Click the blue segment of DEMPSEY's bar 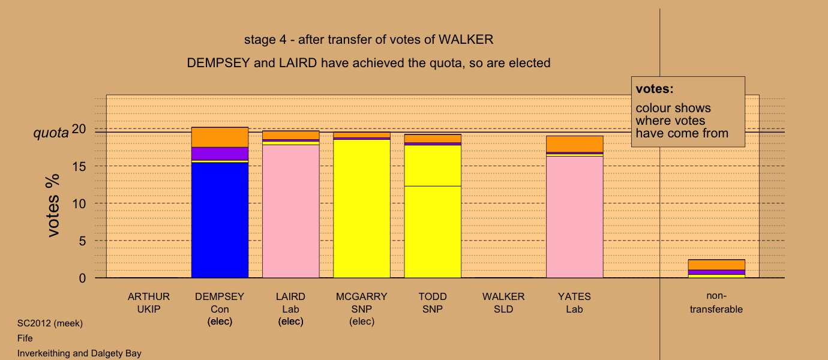[x=220, y=220]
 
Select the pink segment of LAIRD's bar [x=291, y=211]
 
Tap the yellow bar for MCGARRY [x=362, y=208]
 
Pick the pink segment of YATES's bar [x=575, y=217]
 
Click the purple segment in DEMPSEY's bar [x=220, y=154]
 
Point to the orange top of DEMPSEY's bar [x=220, y=137]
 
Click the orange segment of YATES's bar [x=575, y=144]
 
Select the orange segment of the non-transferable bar [x=716, y=265]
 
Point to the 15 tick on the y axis [x=79, y=166]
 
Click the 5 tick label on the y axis [x=82, y=241]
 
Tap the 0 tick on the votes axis [x=82, y=278]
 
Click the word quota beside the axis [x=51, y=133]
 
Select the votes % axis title [x=53, y=205]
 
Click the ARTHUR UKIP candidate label [x=149, y=303]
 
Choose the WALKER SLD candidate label [x=503, y=303]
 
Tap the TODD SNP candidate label [x=433, y=303]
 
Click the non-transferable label [x=716, y=302]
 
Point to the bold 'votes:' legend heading [x=655, y=89]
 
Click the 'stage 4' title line [x=368, y=40]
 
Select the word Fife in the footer [x=25, y=338]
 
